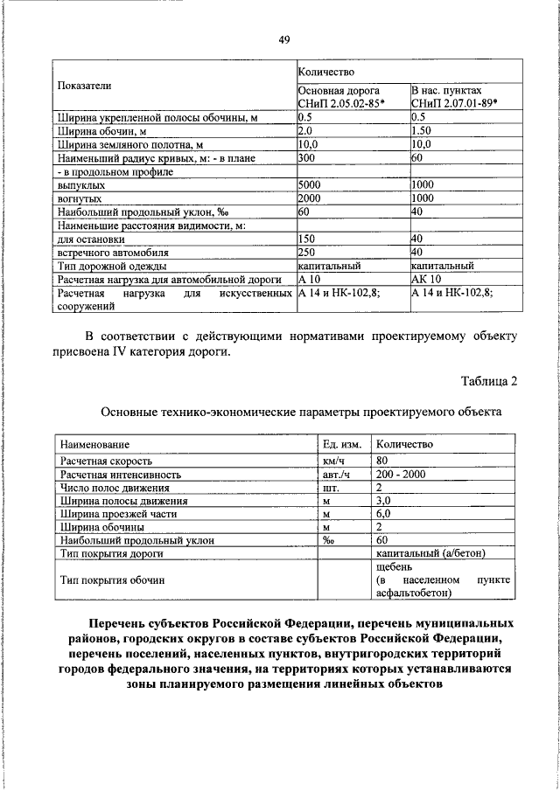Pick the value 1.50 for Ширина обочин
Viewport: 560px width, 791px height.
point(423,129)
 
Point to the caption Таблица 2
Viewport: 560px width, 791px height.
point(489,378)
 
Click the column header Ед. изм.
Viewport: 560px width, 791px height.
point(342,445)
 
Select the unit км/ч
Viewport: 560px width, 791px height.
point(335,460)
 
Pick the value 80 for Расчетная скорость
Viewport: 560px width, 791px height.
point(381,460)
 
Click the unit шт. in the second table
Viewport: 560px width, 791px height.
point(331,488)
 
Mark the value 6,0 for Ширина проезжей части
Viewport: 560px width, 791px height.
point(383,515)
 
